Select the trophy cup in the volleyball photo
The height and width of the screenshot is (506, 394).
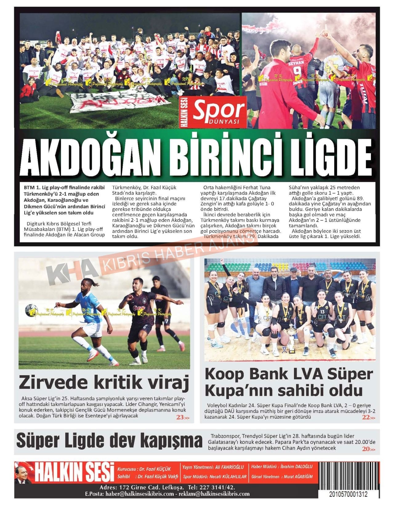click(290, 340)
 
